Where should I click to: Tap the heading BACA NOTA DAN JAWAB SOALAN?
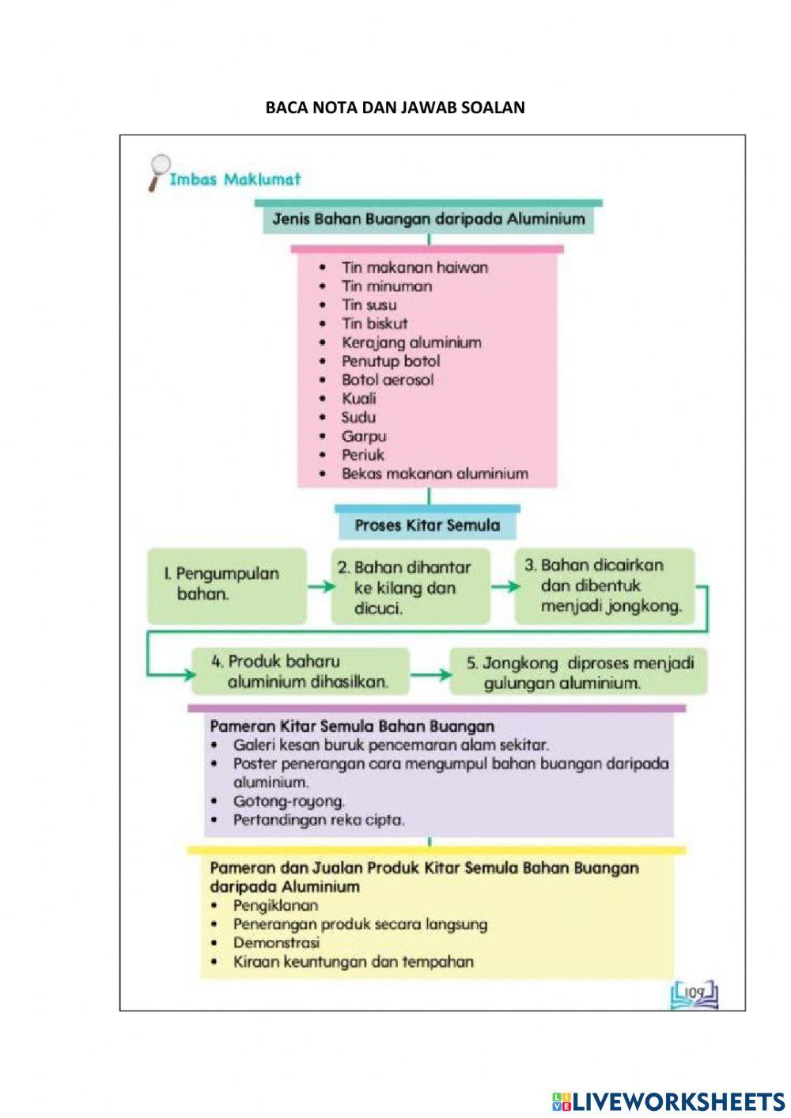pyautogui.click(x=395, y=108)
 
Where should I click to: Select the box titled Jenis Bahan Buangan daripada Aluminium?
pyautogui.click(x=429, y=219)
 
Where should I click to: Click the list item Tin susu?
pyautogui.click(x=369, y=305)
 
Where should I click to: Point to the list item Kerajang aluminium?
pyautogui.click(x=411, y=343)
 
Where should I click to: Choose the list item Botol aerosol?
pyautogui.click(x=387, y=380)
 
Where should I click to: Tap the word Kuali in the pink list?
pyautogui.click(x=358, y=399)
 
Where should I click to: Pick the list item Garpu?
pyautogui.click(x=363, y=436)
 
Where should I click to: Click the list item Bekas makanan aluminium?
pyautogui.click(x=434, y=474)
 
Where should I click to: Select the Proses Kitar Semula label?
pyautogui.click(x=427, y=525)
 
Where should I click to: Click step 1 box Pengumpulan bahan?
pyautogui.click(x=226, y=585)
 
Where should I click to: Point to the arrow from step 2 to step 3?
pyautogui.click(x=505, y=587)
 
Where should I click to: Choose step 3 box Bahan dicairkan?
pyautogui.click(x=605, y=586)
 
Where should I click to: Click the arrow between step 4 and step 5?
pyautogui.click(x=430, y=675)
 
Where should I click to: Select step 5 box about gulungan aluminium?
pyautogui.click(x=578, y=673)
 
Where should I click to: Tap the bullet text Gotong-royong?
pyautogui.click(x=289, y=802)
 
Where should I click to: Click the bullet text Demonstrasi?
pyautogui.click(x=276, y=943)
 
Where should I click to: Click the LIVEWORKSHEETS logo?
pyautogui.click(x=668, y=1101)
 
